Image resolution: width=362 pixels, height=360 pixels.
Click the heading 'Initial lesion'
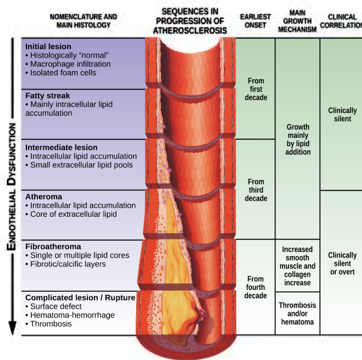tap(48, 46)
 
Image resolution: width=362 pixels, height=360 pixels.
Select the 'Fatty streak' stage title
tap(47, 95)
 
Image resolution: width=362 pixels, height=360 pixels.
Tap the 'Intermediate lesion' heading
tap(61, 148)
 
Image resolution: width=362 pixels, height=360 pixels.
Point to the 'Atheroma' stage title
tap(43, 196)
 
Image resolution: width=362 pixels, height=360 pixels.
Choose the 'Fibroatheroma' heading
tap(53, 247)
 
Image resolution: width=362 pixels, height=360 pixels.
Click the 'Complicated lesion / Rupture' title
tap(80, 298)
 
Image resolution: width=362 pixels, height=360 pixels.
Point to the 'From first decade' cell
tap(256, 89)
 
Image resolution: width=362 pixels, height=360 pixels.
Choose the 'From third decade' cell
tap(256, 190)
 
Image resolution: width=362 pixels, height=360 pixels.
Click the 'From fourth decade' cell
tap(256, 287)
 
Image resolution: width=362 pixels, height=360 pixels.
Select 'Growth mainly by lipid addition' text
tap(298, 139)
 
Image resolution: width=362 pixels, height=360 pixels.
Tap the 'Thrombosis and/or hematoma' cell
tap(297, 313)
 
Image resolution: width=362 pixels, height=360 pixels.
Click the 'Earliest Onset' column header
tap(256, 21)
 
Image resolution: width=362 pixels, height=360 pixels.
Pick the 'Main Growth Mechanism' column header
tap(297, 21)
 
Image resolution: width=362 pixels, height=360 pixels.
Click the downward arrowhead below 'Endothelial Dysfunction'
tap(12, 327)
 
